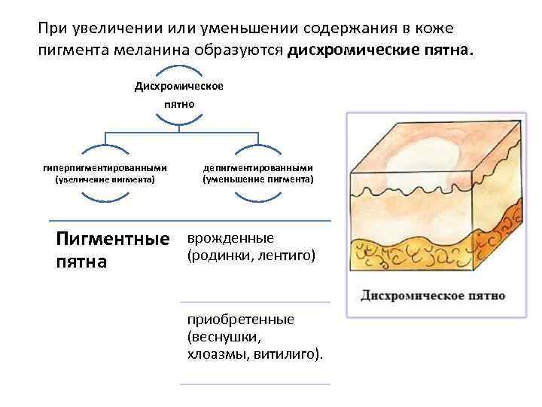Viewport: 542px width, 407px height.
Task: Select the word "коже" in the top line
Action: coord(433,29)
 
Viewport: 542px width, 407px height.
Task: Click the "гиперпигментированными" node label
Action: coord(105,167)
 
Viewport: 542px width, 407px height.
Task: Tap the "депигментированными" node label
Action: coord(258,167)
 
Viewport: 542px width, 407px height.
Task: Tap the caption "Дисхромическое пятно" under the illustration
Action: coord(433,295)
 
